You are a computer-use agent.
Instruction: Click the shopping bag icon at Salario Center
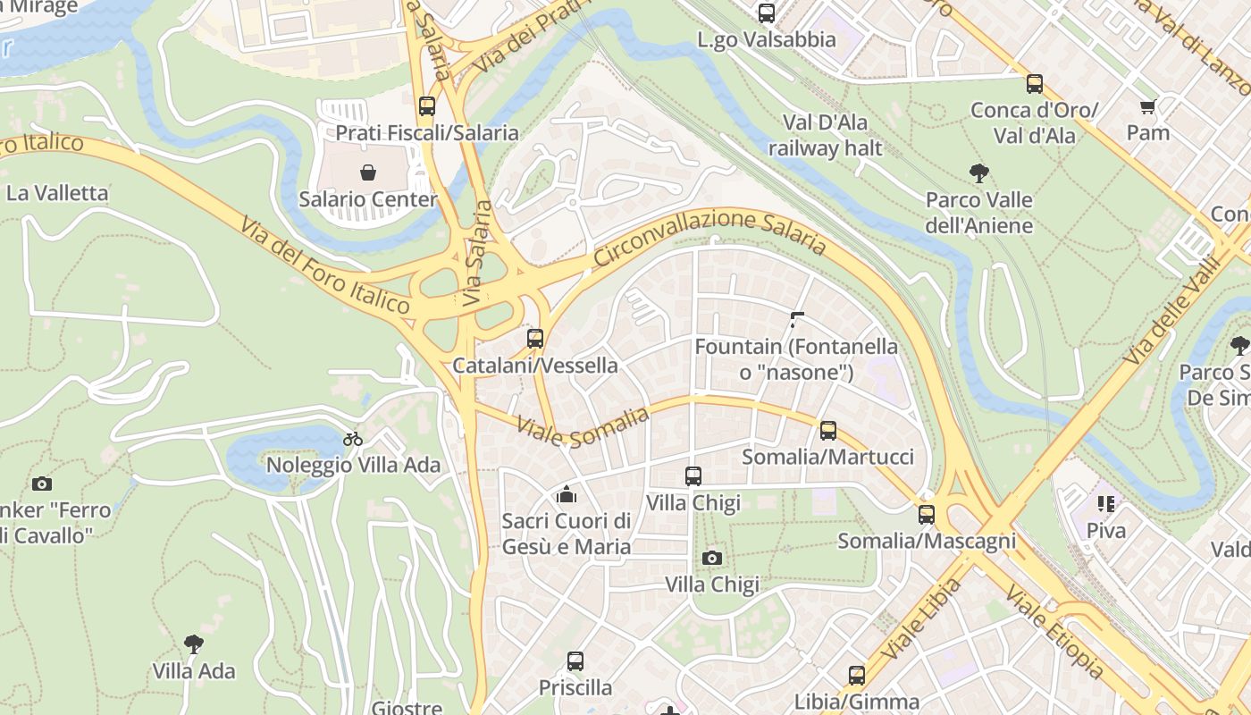pyautogui.click(x=367, y=172)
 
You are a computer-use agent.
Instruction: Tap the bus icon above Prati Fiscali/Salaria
pyautogui.click(x=427, y=105)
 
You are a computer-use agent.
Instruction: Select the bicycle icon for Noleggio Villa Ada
pyautogui.click(x=353, y=438)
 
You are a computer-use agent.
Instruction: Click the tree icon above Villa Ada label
pyautogui.click(x=193, y=643)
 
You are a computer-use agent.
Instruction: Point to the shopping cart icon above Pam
pyautogui.click(x=1147, y=106)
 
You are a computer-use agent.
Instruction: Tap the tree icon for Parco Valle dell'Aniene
pyautogui.click(x=978, y=172)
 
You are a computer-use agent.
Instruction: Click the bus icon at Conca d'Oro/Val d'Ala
pyautogui.click(x=1034, y=84)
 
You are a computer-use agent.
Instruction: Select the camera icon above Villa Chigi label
pyautogui.click(x=711, y=558)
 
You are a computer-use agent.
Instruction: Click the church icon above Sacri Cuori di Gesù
pyautogui.click(x=566, y=493)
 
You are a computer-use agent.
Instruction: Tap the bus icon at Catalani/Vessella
pyautogui.click(x=534, y=338)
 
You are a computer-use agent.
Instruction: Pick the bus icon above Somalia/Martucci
pyautogui.click(x=827, y=430)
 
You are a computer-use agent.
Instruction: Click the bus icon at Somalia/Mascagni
pyautogui.click(x=926, y=514)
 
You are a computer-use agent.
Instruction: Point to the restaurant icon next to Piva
pyautogui.click(x=1106, y=504)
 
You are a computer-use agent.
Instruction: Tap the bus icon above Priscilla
pyautogui.click(x=575, y=661)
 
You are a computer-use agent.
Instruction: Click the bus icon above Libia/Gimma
pyautogui.click(x=856, y=675)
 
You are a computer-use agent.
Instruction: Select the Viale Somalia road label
pyautogui.click(x=583, y=424)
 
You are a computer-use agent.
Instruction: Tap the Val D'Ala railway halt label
pyautogui.click(x=825, y=135)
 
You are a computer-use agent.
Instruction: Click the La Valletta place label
pyautogui.click(x=57, y=193)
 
